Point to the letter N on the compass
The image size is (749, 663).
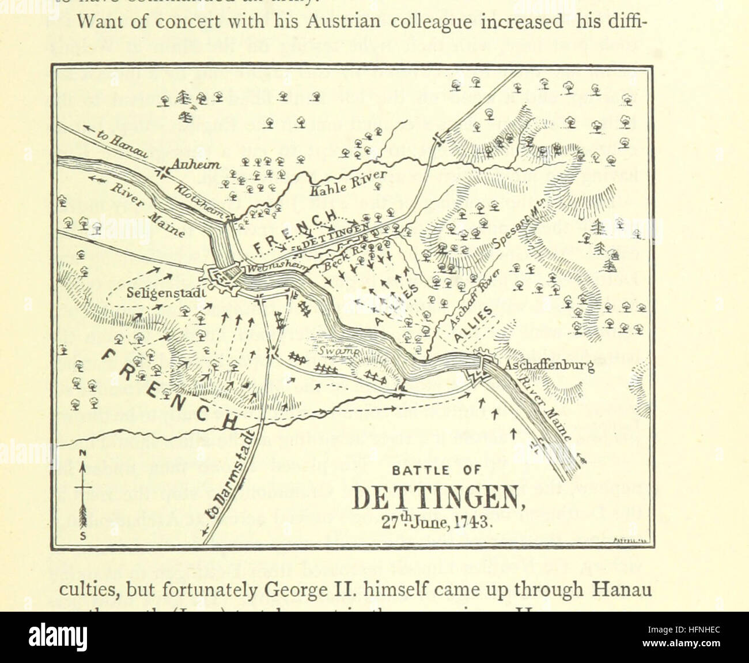(x=83, y=454)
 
